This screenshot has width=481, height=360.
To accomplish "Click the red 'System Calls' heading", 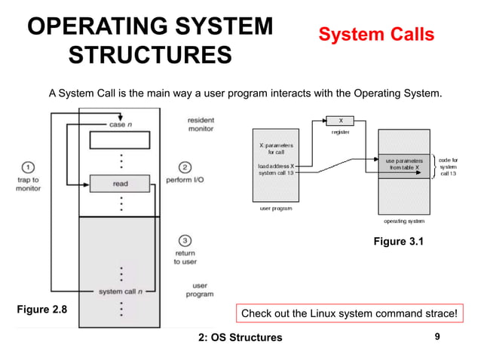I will pyautogui.click(x=375, y=35).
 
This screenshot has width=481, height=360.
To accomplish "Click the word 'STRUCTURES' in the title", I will pyautogui.click(x=150, y=56).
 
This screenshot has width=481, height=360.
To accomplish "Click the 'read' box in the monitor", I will pyautogui.click(x=120, y=183).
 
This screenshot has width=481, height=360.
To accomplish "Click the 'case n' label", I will pyautogui.click(x=117, y=124).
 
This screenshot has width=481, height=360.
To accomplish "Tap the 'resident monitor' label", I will pyautogui.click(x=201, y=125).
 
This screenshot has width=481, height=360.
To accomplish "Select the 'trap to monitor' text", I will pyautogui.click(x=28, y=185).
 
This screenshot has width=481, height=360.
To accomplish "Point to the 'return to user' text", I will pyautogui.click(x=185, y=258).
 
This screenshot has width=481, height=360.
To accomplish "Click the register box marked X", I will pyautogui.click(x=340, y=120).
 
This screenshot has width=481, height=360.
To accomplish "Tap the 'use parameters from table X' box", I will pyautogui.click(x=404, y=164).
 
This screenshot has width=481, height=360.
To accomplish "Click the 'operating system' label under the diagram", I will pyautogui.click(x=404, y=221).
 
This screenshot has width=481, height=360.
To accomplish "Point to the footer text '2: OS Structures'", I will pyautogui.click(x=240, y=337).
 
